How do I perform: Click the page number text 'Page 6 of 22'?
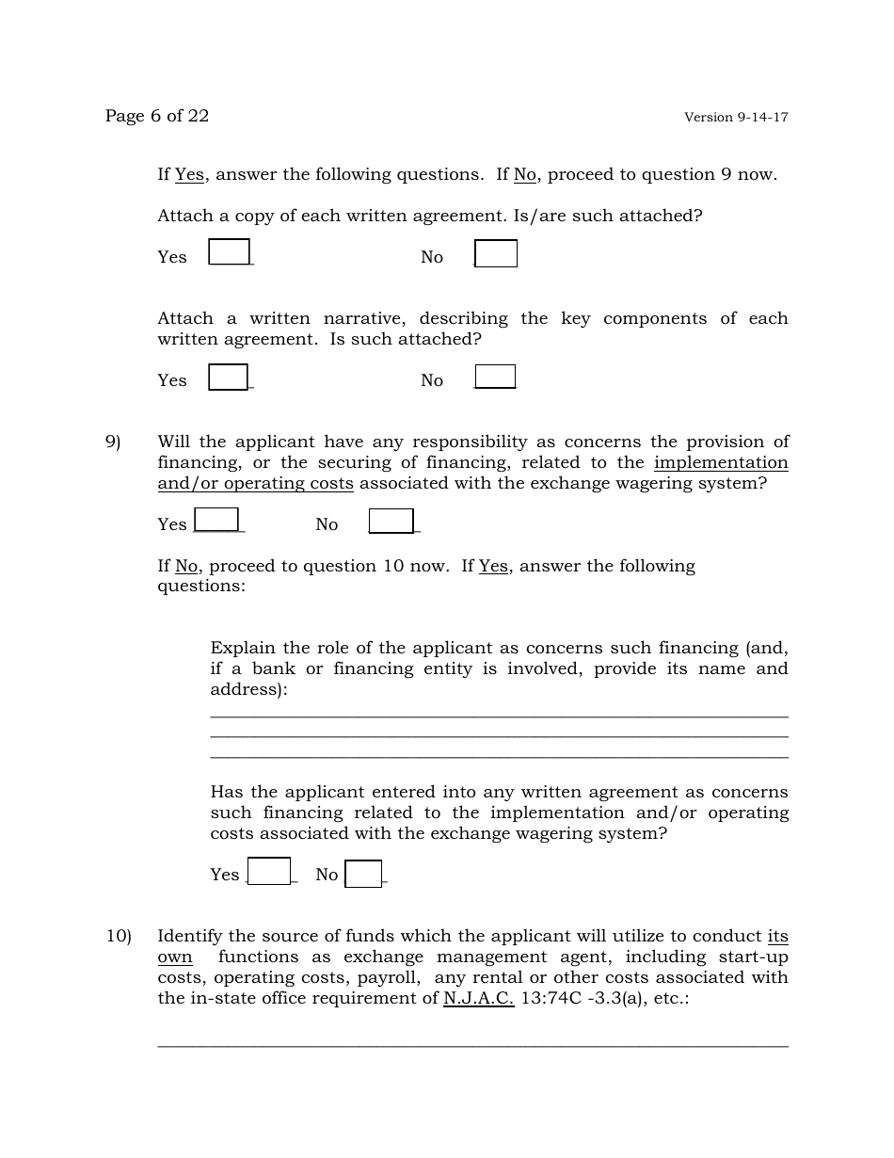tap(157, 116)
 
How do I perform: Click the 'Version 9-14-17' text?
tap(736, 118)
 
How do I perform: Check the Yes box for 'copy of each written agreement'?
tap(229, 252)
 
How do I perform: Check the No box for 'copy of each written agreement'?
tap(496, 254)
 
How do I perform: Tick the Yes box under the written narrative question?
tap(228, 377)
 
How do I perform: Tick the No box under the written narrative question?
tap(495, 377)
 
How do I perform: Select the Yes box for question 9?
tap(216, 520)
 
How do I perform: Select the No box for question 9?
tap(391, 521)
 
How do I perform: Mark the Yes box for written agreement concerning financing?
tap(269, 871)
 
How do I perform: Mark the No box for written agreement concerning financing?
tap(363, 875)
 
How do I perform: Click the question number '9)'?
tap(113, 442)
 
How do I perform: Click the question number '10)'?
tap(118, 936)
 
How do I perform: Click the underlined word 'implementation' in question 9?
tap(721, 462)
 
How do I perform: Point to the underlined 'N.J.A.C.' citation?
tap(478, 998)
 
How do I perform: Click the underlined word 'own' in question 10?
tap(175, 957)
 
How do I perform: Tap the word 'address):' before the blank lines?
tap(248, 689)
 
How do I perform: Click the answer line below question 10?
tap(472, 1046)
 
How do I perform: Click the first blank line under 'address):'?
tap(499, 717)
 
